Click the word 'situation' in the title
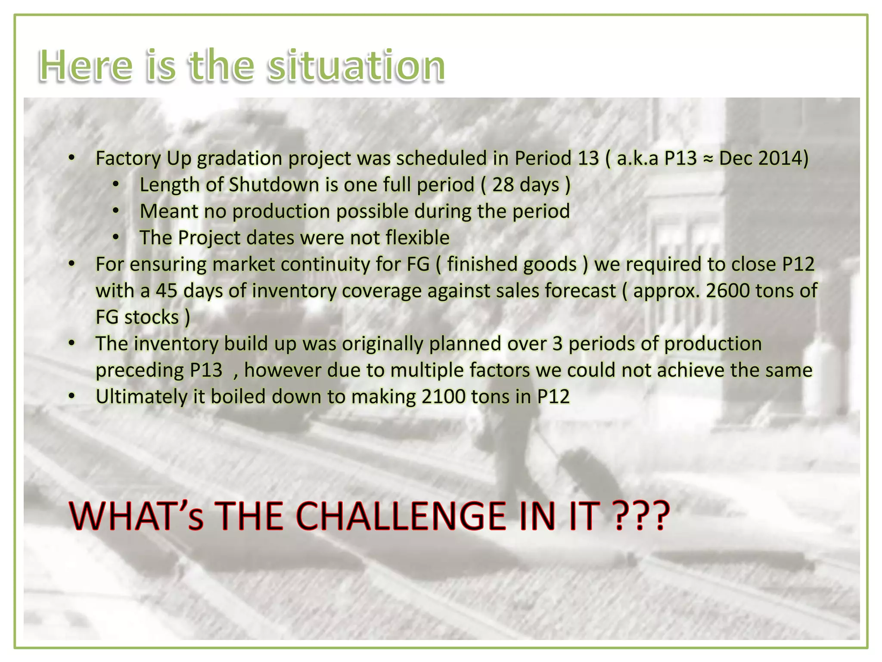coord(356,66)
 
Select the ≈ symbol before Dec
coord(708,159)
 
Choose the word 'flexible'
coord(417,238)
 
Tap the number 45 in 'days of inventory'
coord(167,291)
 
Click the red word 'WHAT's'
coord(136,516)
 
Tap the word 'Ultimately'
coord(141,397)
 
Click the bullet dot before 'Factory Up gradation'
coord(72,158)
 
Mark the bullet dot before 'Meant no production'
coord(115,212)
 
